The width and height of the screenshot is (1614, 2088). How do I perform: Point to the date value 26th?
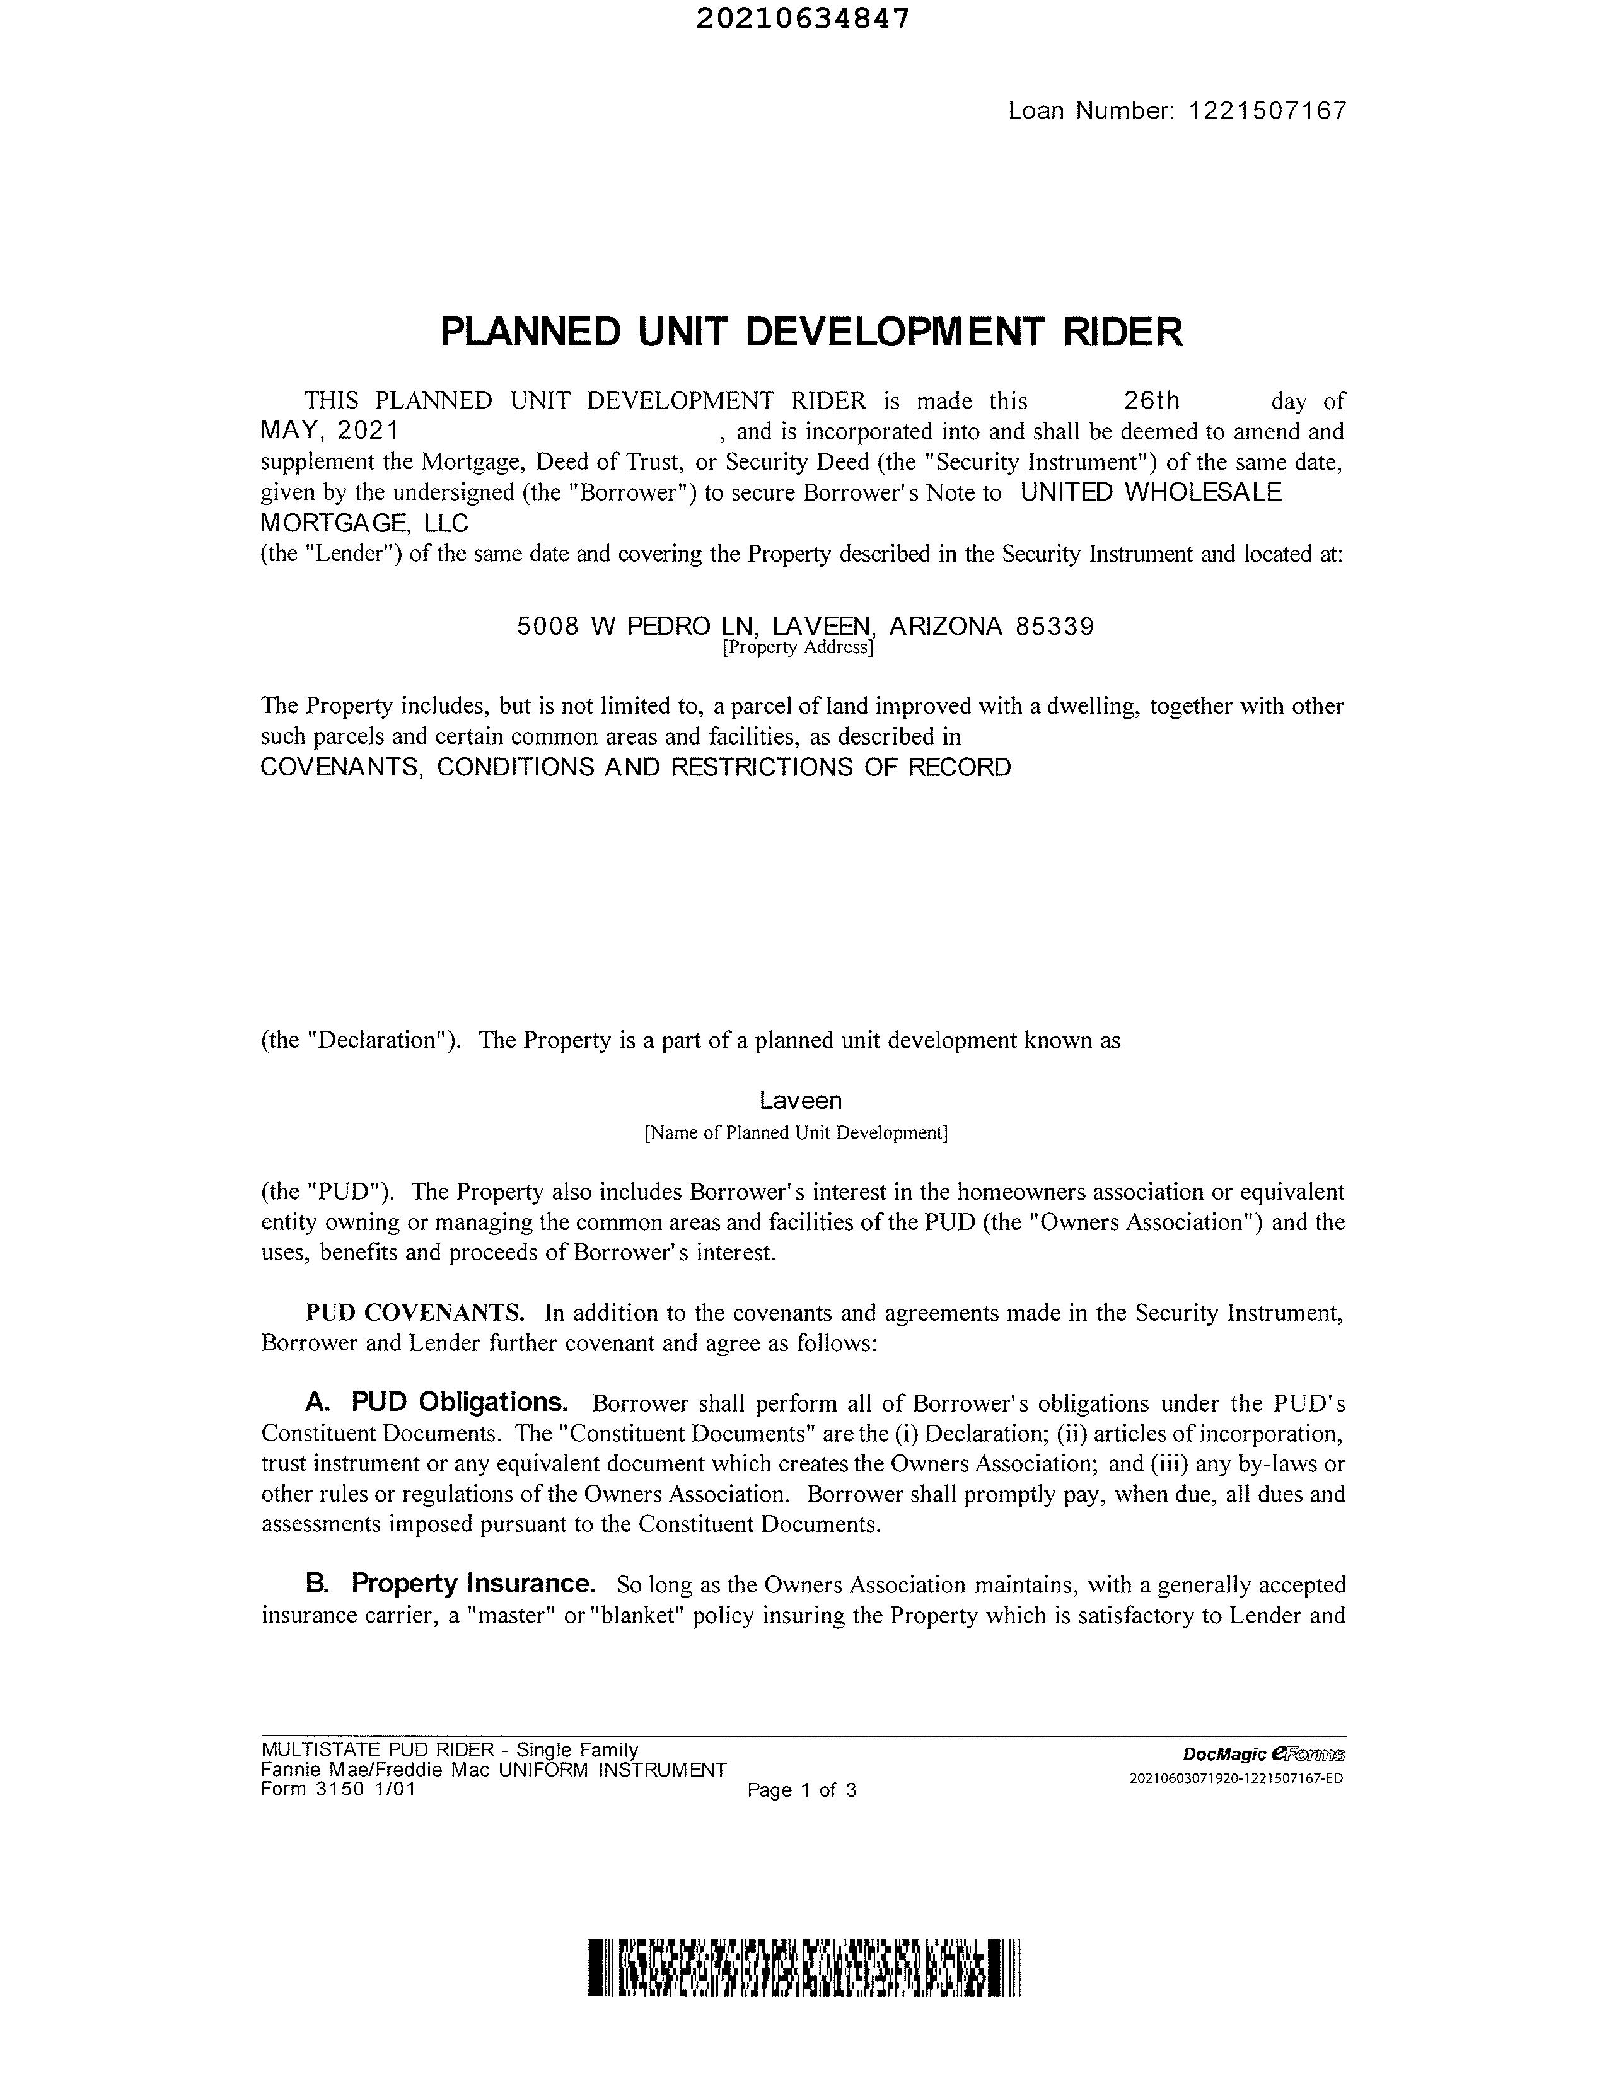[x=1151, y=400]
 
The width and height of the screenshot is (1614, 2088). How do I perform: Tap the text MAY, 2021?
[x=329, y=431]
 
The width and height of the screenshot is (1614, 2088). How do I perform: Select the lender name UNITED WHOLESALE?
[x=1151, y=492]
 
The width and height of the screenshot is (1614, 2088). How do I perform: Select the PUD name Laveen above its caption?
[x=800, y=1100]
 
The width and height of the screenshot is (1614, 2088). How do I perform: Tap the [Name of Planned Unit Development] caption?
[x=796, y=1133]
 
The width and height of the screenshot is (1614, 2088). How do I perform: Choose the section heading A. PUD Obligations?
[x=437, y=1403]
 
